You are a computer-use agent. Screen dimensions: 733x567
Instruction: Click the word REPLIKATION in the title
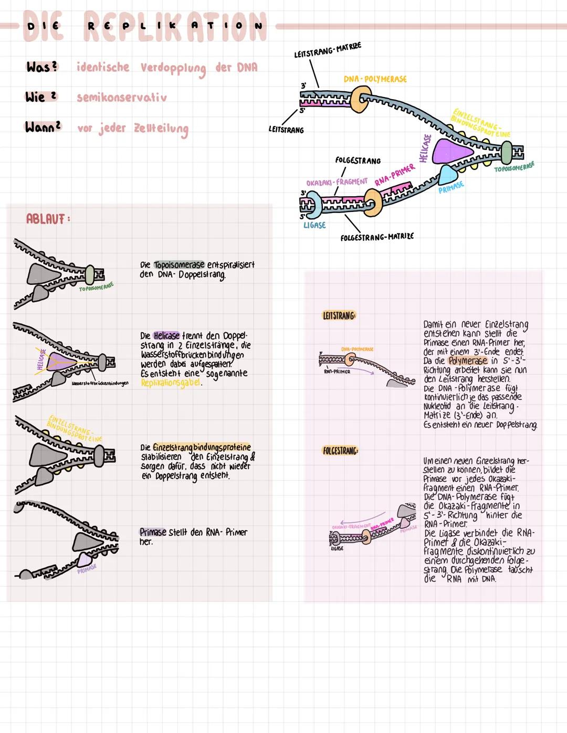pos(175,26)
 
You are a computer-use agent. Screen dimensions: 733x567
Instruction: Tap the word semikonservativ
pos(122,98)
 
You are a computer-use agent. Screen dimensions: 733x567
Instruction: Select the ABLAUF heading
pos(47,219)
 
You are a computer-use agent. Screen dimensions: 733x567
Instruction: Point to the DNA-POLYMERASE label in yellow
pos(375,79)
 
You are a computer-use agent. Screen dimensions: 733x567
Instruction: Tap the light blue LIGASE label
pos(314,225)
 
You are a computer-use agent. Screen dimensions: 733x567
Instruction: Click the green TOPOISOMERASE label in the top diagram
pos(514,167)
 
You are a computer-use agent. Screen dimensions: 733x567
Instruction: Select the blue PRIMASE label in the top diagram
pos(451,187)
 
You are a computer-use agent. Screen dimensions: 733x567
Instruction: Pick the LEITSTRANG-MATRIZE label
pos(328,50)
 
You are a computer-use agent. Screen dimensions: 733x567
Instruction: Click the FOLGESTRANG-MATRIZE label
pos(377,237)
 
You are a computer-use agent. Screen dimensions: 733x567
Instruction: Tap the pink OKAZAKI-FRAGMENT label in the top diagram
pos(337,182)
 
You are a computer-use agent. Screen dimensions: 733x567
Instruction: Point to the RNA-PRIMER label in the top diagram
pos(395,175)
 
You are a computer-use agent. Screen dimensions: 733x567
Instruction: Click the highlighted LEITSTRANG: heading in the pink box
pos(339,316)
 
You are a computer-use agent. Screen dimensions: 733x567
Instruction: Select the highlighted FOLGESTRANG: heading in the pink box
pos(340,451)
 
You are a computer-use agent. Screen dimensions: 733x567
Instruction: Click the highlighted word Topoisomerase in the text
pos(179,265)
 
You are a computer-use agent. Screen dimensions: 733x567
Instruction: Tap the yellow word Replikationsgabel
pos(171,383)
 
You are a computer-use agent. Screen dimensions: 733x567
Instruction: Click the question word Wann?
pos(43,128)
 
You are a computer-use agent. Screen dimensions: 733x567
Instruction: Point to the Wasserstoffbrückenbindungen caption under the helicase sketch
pos(100,384)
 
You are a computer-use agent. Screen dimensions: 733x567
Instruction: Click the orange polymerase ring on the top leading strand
pos(361,99)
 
